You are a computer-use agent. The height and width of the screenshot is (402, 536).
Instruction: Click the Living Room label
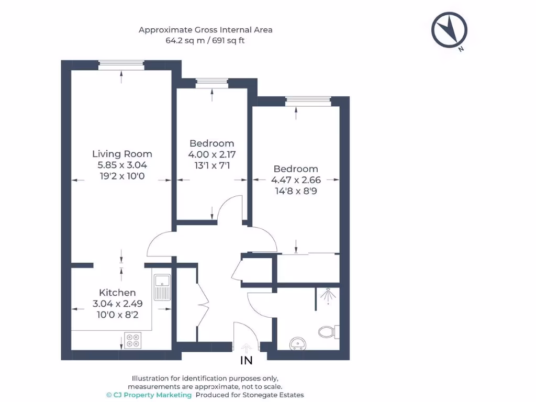[x=122, y=154]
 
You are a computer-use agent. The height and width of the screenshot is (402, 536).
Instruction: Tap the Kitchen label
[x=117, y=293]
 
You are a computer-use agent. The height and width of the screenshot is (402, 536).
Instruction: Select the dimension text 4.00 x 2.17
[x=212, y=154]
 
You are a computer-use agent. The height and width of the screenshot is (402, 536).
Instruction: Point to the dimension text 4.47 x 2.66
[x=296, y=180]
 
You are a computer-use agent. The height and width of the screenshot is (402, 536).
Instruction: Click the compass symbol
[x=449, y=30]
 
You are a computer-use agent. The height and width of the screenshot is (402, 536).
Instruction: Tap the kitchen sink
[x=162, y=287]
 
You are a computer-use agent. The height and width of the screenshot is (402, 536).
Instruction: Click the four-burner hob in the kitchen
[x=132, y=340]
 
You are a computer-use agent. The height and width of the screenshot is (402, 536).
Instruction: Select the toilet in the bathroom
[x=329, y=331]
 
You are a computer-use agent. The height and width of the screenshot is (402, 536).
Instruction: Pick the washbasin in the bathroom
[x=298, y=343]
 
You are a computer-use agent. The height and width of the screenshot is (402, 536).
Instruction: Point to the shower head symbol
[x=328, y=296]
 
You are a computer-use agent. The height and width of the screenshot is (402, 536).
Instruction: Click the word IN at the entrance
[x=247, y=360]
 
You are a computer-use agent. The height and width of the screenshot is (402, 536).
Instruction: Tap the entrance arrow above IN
[x=246, y=348]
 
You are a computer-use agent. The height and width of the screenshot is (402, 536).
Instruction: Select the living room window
[x=121, y=65]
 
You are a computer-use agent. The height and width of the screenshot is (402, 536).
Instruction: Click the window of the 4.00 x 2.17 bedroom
[x=212, y=83]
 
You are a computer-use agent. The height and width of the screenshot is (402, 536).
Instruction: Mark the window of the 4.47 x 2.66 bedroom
[x=308, y=101]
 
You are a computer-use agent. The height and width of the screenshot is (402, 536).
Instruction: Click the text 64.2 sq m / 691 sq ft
[x=205, y=41]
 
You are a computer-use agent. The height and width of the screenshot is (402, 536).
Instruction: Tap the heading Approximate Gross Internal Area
[x=205, y=30]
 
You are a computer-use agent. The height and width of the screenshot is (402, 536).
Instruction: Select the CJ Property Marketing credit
[x=149, y=395]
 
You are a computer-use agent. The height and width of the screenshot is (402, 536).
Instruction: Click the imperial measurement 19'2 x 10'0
[x=122, y=176]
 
